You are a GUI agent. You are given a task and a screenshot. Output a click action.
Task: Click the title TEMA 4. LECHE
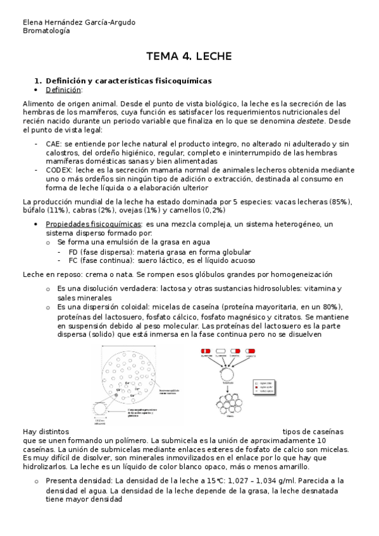pyautogui.click(x=189, y=57)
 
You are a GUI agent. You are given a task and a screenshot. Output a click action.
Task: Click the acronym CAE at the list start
pyautogui.click(x=54, y=144)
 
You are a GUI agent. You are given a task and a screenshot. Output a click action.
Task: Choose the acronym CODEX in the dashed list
pyautogui.click(x=58, y=170)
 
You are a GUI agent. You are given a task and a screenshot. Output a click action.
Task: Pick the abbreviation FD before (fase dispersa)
pyautogui.click(x=73, y=251)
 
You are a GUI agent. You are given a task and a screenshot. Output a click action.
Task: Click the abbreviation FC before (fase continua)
pyautogui.click(x=73, y=260)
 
